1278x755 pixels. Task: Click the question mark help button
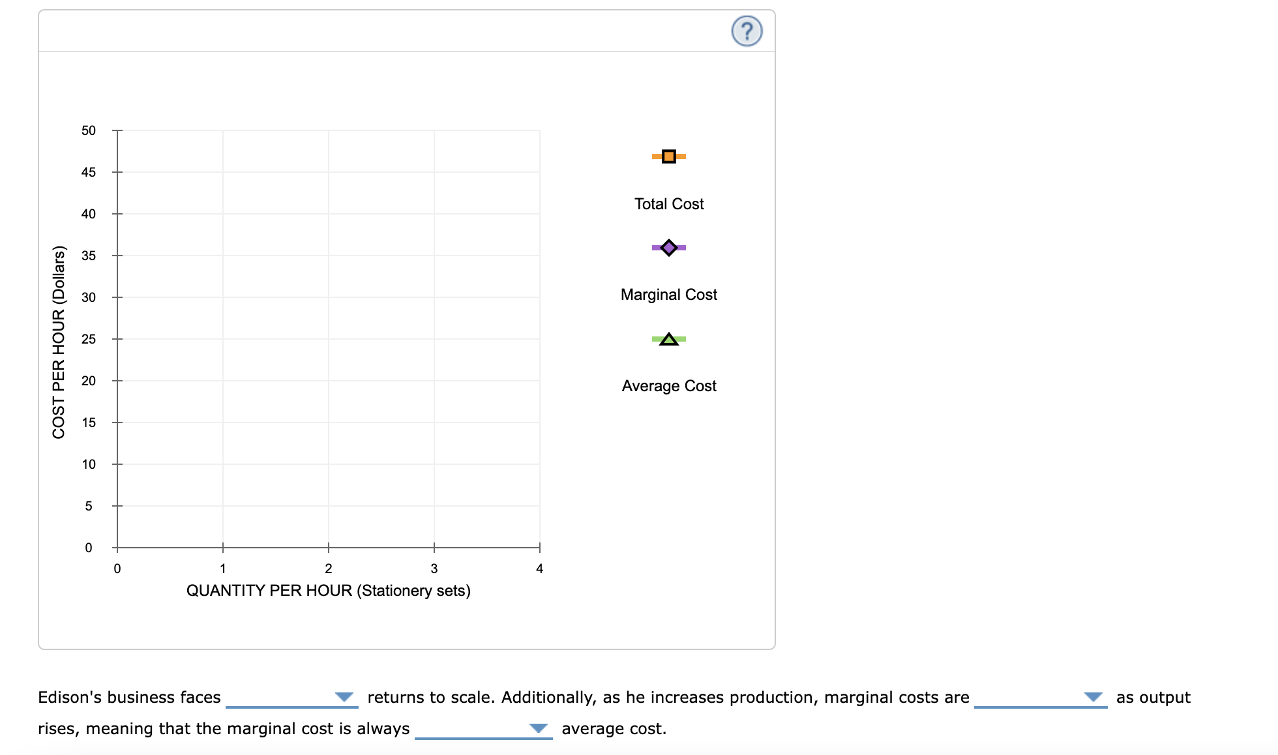[x=747, y=31]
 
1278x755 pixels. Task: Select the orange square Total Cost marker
[x=668, y=156]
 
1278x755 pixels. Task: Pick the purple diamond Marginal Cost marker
[x=668, y=248]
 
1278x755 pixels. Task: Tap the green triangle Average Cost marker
[x=668, y=339]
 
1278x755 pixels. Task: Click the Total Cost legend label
[x=669, y=204]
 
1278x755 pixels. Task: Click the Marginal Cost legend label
[x=668, y=295]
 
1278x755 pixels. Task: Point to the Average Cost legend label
[x=669, y=386]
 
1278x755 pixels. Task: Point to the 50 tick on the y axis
[x=89, y=130]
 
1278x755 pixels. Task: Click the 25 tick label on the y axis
[x=89, y=339]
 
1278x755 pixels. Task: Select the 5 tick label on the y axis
[x=89, y=506]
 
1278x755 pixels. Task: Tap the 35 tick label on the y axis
[x=89, y=256]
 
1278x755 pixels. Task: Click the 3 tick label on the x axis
[x=434, y=569]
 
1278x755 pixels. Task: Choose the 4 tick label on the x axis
[x=539, y=569]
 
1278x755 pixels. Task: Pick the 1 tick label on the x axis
[x=223, y=569]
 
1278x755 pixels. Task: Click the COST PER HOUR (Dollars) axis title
[x=59, y=342]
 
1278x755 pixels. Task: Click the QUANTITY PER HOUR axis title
[x=328, y=591]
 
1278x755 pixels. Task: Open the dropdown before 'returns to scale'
[x=291, y=698]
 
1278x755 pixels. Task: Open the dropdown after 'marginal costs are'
[x=1040, y=698]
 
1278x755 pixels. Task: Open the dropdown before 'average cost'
[x=483, y=729]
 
